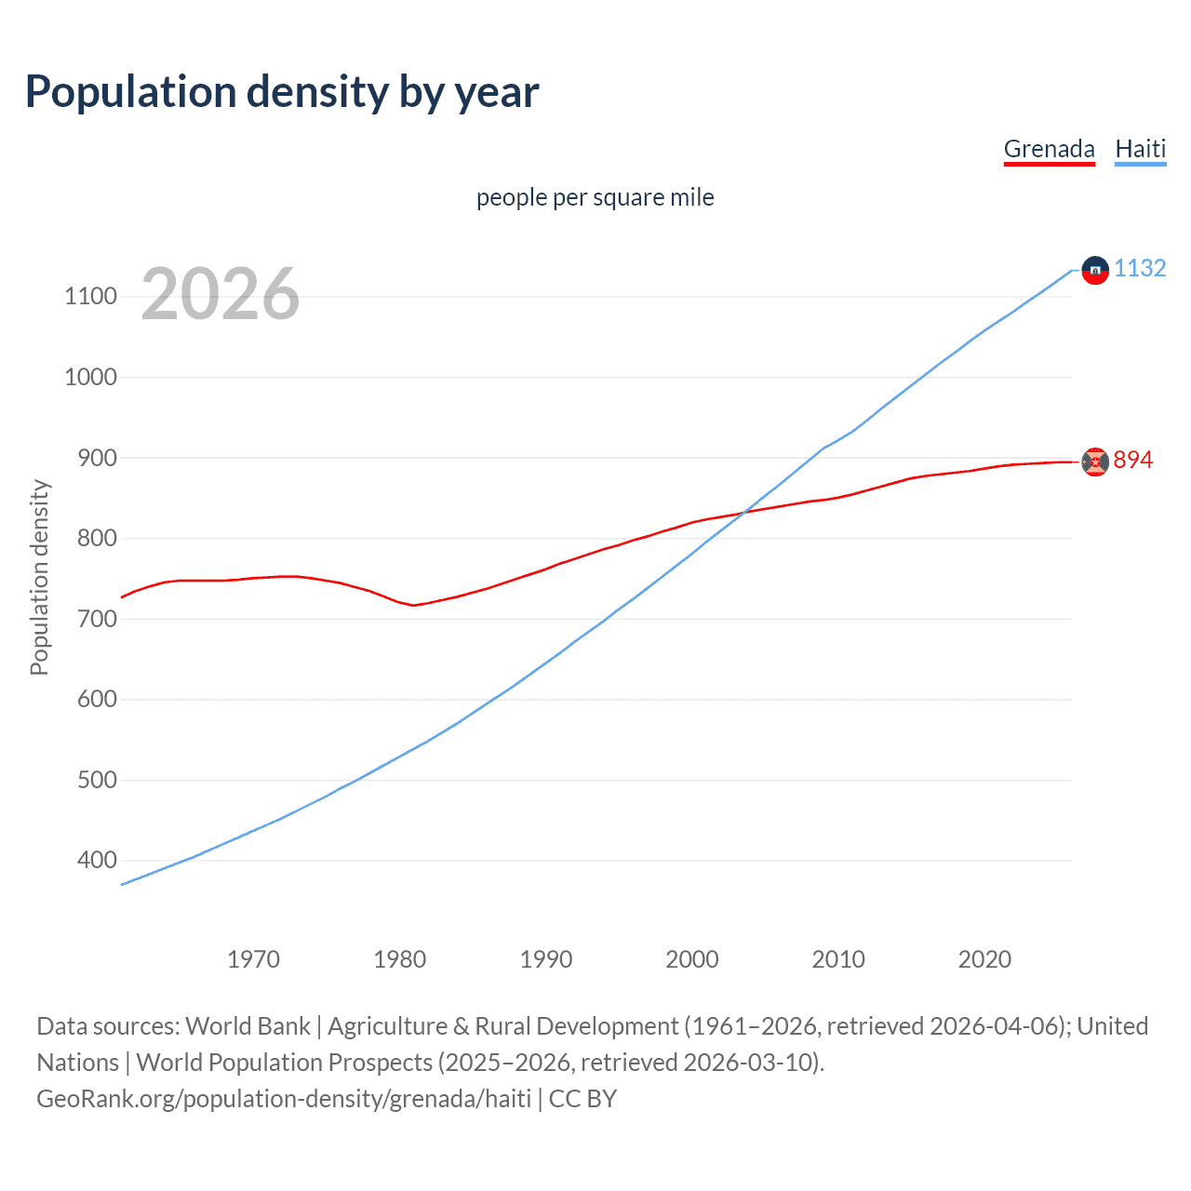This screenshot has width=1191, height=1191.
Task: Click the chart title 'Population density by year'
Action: point(282,92)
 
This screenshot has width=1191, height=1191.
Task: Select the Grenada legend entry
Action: point(1049,149)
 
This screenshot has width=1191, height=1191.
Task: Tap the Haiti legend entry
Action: point(1140,149)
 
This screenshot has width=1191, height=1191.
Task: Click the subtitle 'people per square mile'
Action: point(595,197)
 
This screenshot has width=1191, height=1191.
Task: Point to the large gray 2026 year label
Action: point(221,294)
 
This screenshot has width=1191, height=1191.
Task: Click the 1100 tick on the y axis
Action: point(90,297)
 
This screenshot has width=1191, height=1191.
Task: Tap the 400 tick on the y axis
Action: point(97,861)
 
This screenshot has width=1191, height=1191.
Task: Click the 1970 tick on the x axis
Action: point(253,959)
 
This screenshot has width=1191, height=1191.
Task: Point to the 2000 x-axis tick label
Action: point(691,959)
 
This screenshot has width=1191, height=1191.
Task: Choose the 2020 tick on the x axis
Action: point(984,959)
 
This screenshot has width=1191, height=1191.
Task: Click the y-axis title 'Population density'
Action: point(39,577)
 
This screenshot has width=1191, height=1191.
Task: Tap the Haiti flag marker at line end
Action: point(1095,270)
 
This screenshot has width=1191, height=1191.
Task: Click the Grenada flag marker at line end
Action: point(1095,462)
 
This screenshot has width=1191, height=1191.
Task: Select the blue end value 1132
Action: point(1140,269)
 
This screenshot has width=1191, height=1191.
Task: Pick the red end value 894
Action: point(1133,461)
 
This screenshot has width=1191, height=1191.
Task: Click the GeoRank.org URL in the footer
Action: point(284,1099)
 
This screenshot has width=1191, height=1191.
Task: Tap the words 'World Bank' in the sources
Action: point(248,1026)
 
